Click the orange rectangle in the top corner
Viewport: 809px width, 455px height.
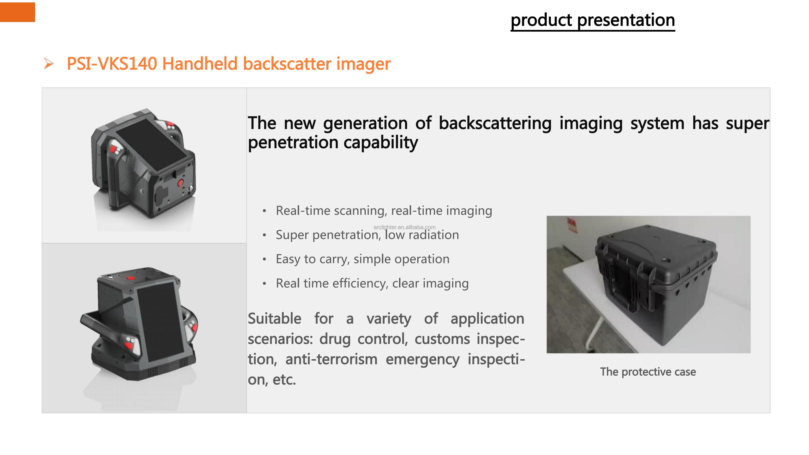coord(17,12)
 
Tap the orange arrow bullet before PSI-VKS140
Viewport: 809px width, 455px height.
coord(49,64)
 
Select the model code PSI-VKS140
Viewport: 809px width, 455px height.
coord(112,64)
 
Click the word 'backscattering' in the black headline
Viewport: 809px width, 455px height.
coord(495,123)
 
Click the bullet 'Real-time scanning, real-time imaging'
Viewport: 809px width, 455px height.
coord(384,211)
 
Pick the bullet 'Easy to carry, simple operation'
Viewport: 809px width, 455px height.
coord(362,259)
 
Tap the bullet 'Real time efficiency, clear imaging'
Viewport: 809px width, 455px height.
coord(372,283)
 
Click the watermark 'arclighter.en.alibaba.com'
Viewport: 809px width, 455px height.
coord(404,227)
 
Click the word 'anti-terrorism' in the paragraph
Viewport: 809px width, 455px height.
coord(331,359)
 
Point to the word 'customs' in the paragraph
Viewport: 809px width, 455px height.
coord(442,339)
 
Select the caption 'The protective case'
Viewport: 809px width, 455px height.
coord(648,372)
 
